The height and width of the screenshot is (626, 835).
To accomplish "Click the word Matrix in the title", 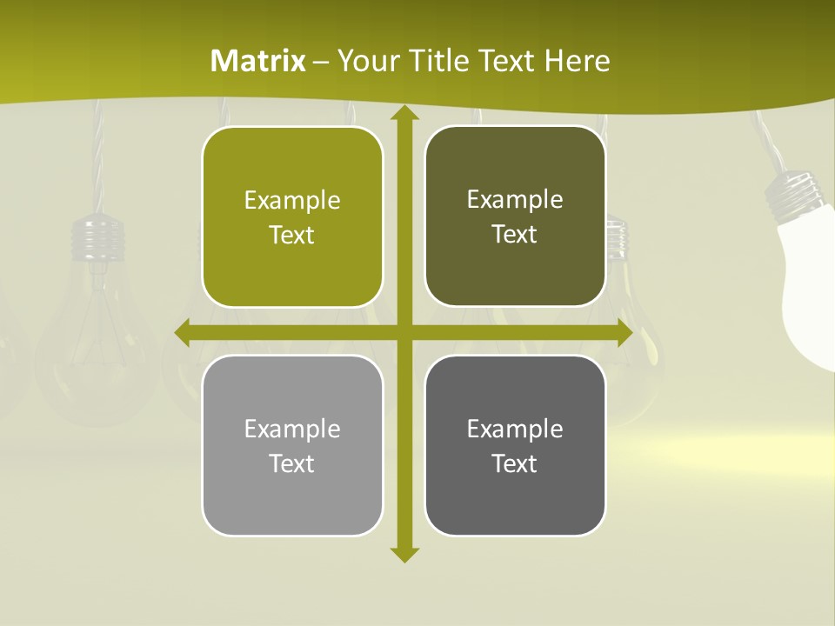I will pos(258,61).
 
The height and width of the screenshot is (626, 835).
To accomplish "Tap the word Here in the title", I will pos(577,61).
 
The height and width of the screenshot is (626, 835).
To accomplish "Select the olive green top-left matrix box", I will pos(292,217).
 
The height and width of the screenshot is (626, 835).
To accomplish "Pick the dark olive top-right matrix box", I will pos(515,216).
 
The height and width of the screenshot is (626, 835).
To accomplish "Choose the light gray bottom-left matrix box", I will pos(292,445).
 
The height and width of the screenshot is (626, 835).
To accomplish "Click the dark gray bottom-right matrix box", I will pos(515,445).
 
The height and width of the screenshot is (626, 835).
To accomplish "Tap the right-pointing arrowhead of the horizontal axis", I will pos(624,333).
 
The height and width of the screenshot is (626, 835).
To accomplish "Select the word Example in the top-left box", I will pos(292,201).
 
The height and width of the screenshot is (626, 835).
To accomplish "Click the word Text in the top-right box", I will pos(515,235).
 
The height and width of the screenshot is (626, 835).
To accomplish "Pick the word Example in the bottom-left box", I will pos(292,429).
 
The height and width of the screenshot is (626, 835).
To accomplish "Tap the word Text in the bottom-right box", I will pos(515,463).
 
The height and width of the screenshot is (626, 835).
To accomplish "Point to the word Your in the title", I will pos(363,61).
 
